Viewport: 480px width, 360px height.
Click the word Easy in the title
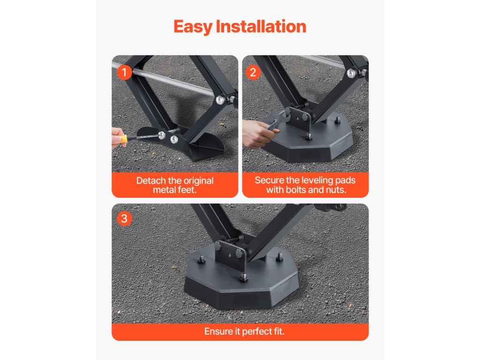(193, 27)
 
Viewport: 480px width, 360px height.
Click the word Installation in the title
(261, 26)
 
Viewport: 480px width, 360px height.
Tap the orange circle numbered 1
(124, 73)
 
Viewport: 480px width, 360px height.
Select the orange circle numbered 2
(253, 73)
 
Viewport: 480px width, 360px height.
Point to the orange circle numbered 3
(124, 218)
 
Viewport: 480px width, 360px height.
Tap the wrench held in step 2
(277, 120)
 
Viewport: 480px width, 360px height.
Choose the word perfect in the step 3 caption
(256, 332)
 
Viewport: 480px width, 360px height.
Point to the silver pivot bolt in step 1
(220, 100)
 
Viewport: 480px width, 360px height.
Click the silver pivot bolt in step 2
(351, 73)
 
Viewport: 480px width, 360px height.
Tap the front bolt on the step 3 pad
(243, 278)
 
